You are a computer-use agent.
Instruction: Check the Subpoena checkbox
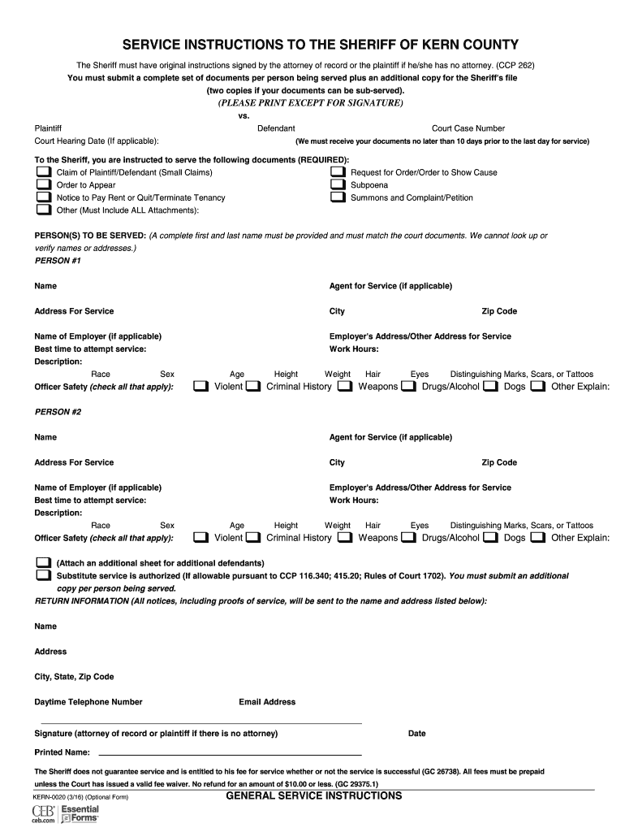(x=338, y=185)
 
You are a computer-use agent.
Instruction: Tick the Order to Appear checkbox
(x=42, y=185)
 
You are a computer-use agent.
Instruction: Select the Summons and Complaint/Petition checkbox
(x=338, y=197)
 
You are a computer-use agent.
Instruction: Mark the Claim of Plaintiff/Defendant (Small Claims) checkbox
(x=42, y=172)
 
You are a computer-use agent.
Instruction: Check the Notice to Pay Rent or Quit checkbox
(x=42, y=197)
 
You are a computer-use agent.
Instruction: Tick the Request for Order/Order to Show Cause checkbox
(x=338, y=172)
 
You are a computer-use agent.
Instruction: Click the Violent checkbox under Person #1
(x=201, y=386)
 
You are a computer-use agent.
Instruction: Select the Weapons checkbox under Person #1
(x=345, y=386)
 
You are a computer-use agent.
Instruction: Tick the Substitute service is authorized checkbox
(x=42, y=575)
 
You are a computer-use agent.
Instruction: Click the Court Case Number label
(x=468, y=128)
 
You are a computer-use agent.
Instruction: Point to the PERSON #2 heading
(x=58, y=412)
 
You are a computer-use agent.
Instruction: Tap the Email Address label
(x=267, y=702)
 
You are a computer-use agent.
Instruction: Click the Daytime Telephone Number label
(x=88, y=702)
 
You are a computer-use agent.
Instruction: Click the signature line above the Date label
(x=199, y=723)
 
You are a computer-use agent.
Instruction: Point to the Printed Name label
(x=62, y=752)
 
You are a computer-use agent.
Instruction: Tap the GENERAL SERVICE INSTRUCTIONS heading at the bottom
(x=313, y=796)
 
